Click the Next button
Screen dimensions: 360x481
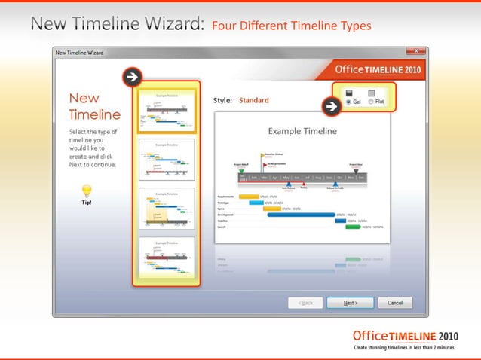(x=350, y=303)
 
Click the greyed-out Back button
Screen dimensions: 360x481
(x=305, y=303)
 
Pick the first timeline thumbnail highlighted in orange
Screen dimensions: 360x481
(x=166, y=111)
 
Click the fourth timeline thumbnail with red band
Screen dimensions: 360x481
(x=166, y=258)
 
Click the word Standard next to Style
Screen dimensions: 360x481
(x=253, y=99)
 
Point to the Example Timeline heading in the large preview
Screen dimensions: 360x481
(x=302, y=131)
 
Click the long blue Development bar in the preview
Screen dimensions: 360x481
(x=301, y=215)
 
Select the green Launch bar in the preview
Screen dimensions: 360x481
(x=353, y=226)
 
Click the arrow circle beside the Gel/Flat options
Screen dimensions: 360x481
(x=329, y=107)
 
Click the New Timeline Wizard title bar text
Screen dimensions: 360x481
(x=80, y=53)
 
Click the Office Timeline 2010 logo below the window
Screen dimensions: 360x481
(x=405, y=336)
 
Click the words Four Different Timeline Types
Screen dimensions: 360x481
(x=291, y=26)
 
